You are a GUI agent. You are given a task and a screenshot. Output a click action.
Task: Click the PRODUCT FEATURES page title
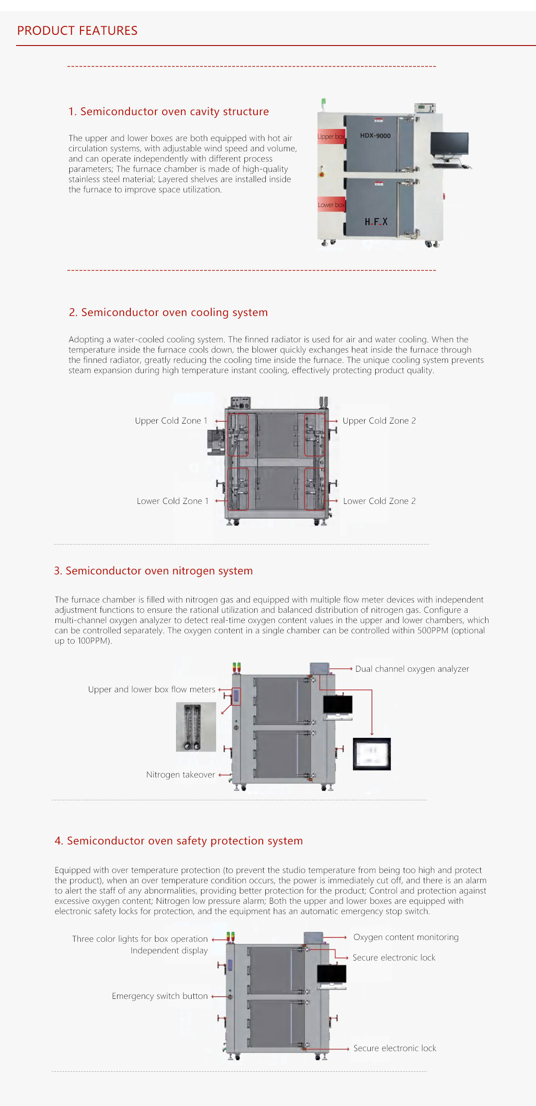coord(77,30)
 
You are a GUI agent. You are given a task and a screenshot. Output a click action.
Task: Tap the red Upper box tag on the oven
coord(331,137)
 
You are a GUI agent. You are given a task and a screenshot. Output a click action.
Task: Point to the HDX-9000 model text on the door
coord(375,136)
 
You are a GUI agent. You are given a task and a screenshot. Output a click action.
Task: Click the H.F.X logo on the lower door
coord(376,222)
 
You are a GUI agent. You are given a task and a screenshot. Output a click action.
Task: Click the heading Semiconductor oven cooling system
coord(168,312)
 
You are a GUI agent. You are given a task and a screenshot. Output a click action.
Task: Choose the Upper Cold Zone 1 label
coord(171,421)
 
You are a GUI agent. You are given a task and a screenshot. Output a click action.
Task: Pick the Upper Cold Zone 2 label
coord(379,421)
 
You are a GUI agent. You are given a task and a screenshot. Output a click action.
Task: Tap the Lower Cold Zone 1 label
coord(172,501)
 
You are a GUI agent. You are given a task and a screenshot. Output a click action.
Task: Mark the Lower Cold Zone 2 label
coord(379,501)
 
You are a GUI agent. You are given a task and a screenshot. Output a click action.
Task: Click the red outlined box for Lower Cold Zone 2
coord(314,489)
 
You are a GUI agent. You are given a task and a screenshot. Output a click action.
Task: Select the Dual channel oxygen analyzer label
coord(412,669)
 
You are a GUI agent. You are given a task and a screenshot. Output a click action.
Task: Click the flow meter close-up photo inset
coord(196,727)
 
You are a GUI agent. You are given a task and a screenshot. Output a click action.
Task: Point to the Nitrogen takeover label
coord(180,775)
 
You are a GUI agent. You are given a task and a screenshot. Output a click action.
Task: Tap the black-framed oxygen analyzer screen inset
coord(372,754)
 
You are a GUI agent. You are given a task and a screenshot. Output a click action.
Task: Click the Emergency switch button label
coord(159,996)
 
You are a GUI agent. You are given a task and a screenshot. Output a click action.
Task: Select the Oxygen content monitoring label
coord(406,937)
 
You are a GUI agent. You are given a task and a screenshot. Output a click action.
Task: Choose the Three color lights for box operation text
coord(140,939)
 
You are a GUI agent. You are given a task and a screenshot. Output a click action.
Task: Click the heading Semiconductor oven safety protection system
coord(179,841)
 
